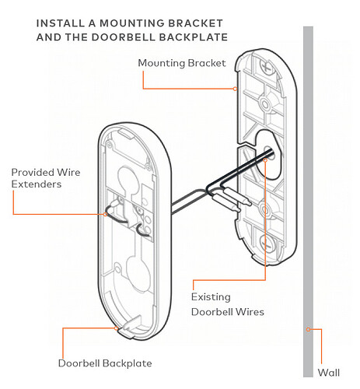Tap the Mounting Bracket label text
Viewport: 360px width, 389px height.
182,63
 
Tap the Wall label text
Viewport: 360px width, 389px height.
330,372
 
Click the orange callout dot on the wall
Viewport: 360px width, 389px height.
309,329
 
